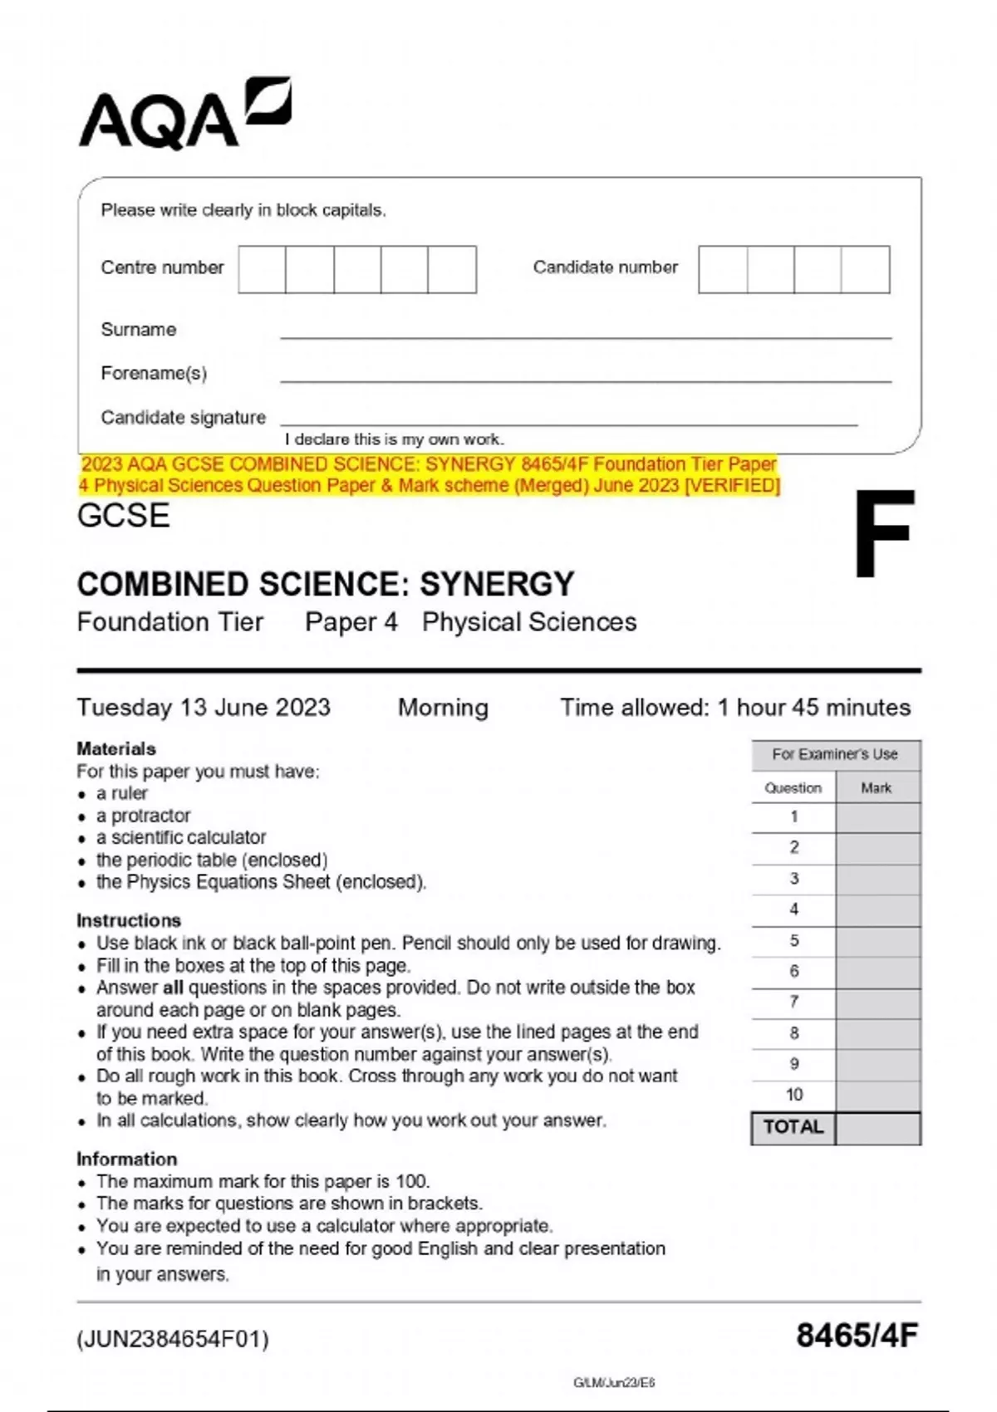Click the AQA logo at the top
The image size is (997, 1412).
coord(184,116)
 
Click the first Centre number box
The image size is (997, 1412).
coord(262,269)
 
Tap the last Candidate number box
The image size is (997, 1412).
coord(865,269)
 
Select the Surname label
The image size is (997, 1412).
coord(139,330)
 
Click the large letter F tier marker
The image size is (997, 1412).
coord(884,535)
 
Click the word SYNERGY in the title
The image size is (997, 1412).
coord(496,585)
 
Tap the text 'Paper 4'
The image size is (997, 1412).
coord(351,622)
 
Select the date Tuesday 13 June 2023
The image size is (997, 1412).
coord(204,708)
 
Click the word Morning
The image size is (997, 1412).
coord(443,708)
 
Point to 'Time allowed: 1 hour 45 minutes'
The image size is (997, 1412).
coord(734,708)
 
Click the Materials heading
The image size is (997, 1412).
coord(116,748)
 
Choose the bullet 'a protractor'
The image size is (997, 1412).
coord(143,816)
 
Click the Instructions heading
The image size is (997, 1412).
coord(129,920)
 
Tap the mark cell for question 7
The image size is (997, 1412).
coord(878,1003)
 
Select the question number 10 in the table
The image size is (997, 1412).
coord(793,1095)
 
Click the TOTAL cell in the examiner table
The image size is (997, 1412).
coord(793,1128)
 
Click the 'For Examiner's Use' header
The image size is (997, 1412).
coord(835,754)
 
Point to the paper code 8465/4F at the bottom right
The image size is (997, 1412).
coord(857,1336)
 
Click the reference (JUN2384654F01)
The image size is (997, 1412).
coord(173,1339)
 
